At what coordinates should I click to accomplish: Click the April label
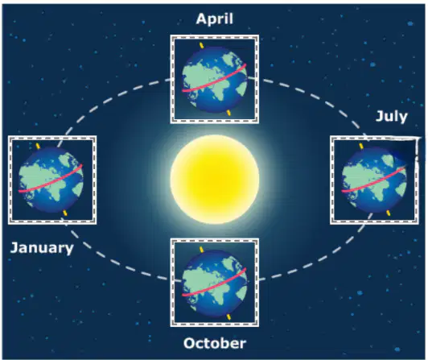coord(215,19)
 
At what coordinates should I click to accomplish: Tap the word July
coord(392,117)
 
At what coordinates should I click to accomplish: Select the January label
coord(42,248)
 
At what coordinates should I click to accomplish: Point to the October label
coord(215,343)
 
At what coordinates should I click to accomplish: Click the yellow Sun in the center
coord(215,180)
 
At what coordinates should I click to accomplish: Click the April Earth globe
coord(215,80)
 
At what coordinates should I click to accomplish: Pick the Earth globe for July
coord(374,180)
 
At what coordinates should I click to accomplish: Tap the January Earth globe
coord(51,180)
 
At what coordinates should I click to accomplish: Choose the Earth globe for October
coord(215,283)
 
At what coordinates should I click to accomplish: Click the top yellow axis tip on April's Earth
coord(202,45)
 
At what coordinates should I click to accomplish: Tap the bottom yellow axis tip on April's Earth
coord(228,113)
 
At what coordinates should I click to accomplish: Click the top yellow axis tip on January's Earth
coord(39,146)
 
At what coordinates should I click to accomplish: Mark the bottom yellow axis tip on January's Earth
coord(65,213)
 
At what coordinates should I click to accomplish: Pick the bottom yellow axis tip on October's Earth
coord(228,317)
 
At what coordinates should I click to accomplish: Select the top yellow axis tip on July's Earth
coord(361,146)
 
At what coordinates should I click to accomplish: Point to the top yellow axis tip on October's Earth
coord(202,250)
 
